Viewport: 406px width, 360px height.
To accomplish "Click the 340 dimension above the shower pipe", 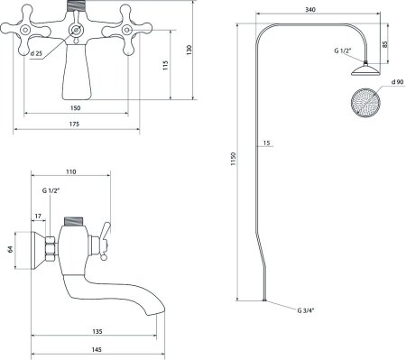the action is [310, 10].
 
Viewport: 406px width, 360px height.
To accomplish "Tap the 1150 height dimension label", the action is [234, 159].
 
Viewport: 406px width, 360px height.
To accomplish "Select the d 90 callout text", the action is [397, 82].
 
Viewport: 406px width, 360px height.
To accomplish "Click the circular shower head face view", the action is [365, 103].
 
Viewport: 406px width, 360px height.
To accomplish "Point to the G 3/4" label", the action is [306, 310].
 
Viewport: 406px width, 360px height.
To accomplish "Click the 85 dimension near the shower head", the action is [385, 44].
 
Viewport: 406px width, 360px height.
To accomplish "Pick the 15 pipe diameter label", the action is [266, 143].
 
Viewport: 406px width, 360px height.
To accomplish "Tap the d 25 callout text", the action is [36, 53].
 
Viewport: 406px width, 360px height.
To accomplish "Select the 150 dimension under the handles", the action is [75, 108].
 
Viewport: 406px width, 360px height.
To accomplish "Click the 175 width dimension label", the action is [74, 124].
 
